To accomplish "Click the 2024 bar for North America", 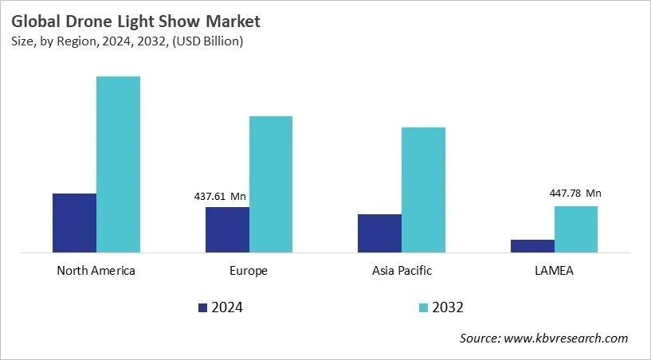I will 74,223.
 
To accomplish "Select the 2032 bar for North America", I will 118,165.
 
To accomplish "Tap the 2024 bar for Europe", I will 227,230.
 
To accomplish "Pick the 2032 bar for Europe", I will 271,185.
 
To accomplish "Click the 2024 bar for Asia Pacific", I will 379,233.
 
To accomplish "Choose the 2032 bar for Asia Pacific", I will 423,190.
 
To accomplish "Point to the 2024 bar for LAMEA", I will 532,246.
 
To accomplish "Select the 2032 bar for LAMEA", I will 575,229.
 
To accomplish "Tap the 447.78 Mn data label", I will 575,193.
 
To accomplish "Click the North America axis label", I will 96,271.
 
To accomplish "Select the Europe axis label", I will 249,271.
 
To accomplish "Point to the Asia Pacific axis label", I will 402,271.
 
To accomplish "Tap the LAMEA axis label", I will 554,271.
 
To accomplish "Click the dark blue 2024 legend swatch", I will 202,307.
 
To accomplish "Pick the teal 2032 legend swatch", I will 423,307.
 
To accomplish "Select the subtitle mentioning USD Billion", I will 127,41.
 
